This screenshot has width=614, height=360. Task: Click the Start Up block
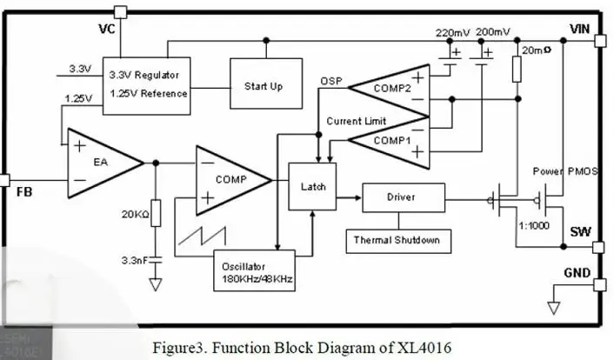coord(265,87)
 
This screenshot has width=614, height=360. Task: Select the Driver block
coord(402,197)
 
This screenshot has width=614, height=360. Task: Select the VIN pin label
coord(580,29)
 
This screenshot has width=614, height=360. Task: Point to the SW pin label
coord(580,233)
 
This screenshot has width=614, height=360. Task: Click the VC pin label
coord(108,30)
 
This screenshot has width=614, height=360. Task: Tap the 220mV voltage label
coord(452,33)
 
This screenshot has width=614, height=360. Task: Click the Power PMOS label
coord(565,171)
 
